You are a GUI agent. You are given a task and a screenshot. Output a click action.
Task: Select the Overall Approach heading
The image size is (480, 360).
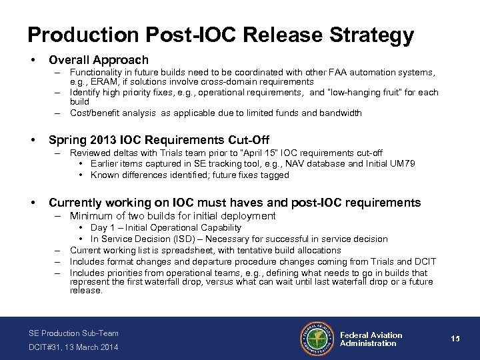[x=99, y=60]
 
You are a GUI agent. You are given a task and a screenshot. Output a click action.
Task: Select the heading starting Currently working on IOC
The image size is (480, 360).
[x=235, y=202]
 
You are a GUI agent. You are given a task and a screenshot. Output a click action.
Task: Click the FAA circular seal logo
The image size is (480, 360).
[x=318, y=339]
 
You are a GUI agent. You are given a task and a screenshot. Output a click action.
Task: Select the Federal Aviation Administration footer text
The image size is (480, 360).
[x=371, y=339]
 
